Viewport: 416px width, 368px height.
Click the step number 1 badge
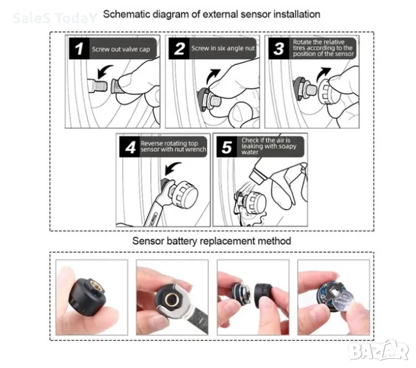(79, 48)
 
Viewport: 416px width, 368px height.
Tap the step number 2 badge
(179, 48)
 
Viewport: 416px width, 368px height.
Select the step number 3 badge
(279, 48)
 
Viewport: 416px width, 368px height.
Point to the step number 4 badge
(129, 147)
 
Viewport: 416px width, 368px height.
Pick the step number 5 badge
(227, 147)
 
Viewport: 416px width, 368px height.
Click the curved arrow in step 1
(104, 71)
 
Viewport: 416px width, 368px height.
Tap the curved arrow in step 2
(212, 76)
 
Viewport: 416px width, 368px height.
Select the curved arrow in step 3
(323, 75)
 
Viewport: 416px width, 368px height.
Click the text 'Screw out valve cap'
(121, 49)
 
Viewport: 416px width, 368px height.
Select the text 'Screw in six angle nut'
(223, 48)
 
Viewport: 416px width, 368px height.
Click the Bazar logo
(379, 350)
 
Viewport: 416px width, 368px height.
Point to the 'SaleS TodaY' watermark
(55, 18)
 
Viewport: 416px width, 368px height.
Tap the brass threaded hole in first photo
(94, 287)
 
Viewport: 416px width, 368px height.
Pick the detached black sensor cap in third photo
(263, 296)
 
